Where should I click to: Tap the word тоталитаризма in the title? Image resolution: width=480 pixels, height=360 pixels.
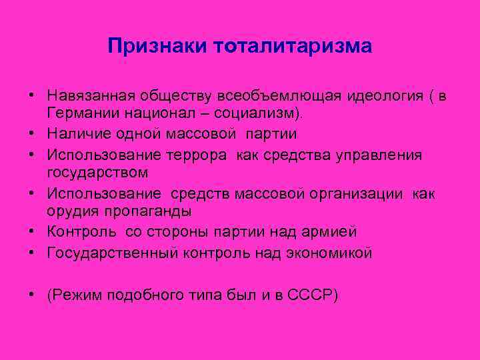(293, 46)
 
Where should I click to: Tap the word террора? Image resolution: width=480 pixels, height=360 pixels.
(196, 155)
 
